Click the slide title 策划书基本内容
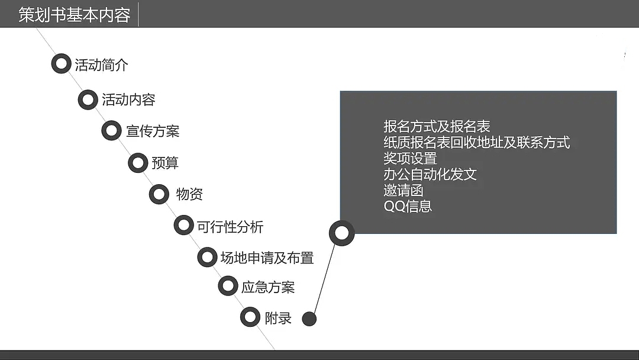tap(74, 15)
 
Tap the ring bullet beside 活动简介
tap(60, 63)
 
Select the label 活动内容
tap(128, 99)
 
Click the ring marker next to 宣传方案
tap(111, 130)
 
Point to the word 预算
tap(165, 162)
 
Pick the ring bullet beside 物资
tap(159, 194)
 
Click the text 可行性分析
tap(230, 226)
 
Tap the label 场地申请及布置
tap(267, 258)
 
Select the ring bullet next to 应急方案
tap(228, 286)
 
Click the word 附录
tap(278, 317)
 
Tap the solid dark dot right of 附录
tap(309, 319)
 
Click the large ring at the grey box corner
tap(341, 233)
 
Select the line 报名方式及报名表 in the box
tap(437, 126)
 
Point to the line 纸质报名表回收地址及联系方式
tap(476, 142)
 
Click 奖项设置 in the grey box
tap(410, 158)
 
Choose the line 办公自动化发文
tap(430, 174)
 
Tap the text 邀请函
tap(404, 190)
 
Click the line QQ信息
tap(408, 206)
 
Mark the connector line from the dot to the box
tap(324, 278)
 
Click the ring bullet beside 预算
tap(137, 162)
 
